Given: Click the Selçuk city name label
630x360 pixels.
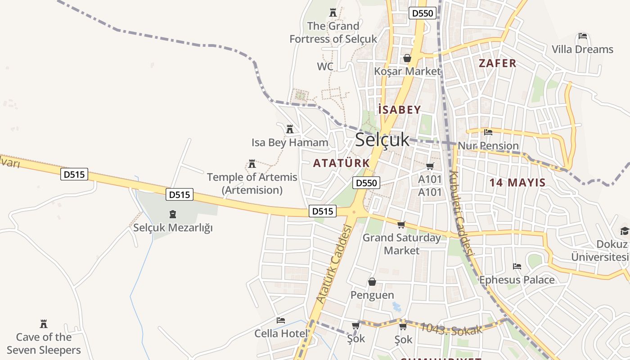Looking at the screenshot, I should point(382,140).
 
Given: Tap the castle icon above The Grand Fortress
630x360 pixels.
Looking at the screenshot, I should point(333,13).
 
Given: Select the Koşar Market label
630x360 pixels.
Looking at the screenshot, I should point(407,71).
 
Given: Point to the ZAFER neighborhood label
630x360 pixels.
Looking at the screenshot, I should point(497,63).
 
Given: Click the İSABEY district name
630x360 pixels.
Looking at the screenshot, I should point(400,110).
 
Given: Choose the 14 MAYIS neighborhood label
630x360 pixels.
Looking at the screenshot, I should point(517,183).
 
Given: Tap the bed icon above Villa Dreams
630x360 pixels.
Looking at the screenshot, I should point(583,36).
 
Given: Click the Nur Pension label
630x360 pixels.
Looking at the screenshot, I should point(488,146).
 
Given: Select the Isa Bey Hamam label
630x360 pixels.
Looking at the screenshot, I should point(290,143).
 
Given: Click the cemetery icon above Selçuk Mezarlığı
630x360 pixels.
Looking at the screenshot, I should point(173,214).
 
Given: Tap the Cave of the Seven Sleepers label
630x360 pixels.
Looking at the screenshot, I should point(44,343).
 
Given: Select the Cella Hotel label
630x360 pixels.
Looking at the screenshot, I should point(281,333).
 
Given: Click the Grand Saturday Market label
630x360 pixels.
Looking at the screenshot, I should point(401,244).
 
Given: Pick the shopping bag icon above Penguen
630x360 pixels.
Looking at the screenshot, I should point(372,282).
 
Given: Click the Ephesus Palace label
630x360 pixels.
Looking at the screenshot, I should point(517,280).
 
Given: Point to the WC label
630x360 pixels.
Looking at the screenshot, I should point(325,67).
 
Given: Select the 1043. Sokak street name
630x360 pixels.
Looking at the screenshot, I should point(451,328).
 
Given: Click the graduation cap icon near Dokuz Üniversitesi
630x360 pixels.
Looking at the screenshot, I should point(625,231).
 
